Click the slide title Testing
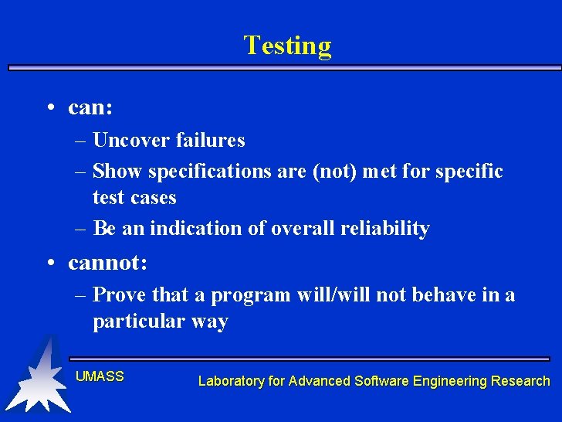pyautogui.click(x=287, y=46)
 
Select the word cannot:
pyautogui.click(x=107, y=263)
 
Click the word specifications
pyautogui.click(x=211, y=171)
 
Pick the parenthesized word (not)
pyautogui.click(x=337, y=171)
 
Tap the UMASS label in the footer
pyautogui.click(x=100, y=376)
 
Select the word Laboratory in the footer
pyautogui.click(x=231, y=381)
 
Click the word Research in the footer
pyautogui.click(x=521, y=381)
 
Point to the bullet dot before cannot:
pyautogui.click(x=49, y=264)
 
